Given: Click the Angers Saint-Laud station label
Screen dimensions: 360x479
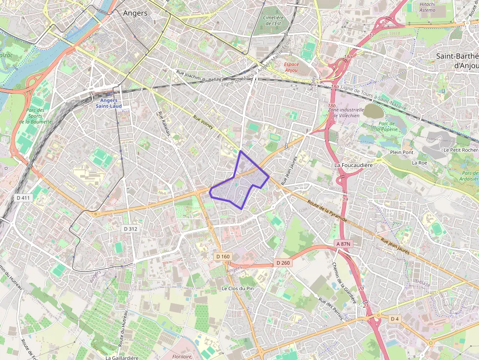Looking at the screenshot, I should click(109, 103).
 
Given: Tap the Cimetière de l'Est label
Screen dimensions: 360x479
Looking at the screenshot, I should click(273, 20).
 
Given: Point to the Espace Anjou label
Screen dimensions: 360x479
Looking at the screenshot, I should click(292, 67).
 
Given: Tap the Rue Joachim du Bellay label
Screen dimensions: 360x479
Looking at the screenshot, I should click(198, 76).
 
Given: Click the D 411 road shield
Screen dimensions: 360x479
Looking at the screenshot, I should click(23, 198).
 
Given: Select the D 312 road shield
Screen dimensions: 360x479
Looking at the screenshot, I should click(131, 229).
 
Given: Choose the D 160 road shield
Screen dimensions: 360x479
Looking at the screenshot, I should click(222, 256).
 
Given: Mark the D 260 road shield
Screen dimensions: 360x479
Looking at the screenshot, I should click(283, 263).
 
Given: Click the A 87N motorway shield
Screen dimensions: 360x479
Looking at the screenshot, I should click(344, 243).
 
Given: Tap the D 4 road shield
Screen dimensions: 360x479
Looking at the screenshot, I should click(394, 318).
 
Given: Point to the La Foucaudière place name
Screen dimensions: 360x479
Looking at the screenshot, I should click(353, 165).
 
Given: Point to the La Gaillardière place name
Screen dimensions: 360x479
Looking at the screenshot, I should click(122, 357).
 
